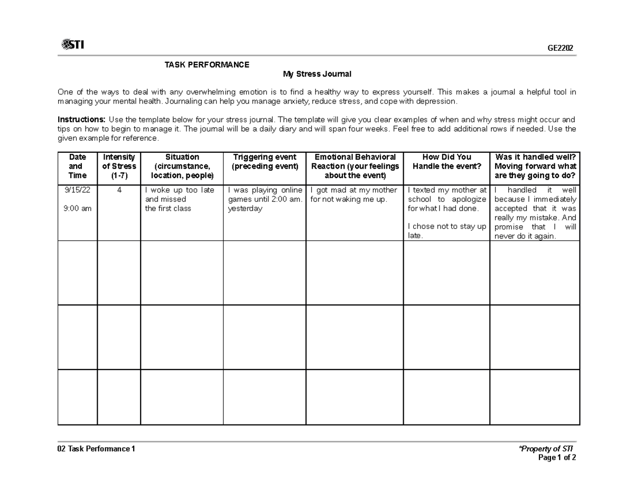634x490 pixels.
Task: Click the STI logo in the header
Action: point(72,45)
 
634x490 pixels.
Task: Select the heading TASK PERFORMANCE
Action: point(207,65)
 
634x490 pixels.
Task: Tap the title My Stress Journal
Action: point(317,74)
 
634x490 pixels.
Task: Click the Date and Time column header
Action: point(78,166)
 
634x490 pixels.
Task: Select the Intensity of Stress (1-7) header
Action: point(119,166)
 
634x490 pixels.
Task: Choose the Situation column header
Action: point(182,166)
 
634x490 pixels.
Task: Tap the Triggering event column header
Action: point(264,162)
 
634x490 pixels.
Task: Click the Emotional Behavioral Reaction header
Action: point(355,166)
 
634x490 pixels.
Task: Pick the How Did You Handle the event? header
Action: point(446,162)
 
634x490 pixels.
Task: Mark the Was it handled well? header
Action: point(535,166)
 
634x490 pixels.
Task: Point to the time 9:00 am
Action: point(78,209)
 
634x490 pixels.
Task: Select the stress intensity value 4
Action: point(119,190)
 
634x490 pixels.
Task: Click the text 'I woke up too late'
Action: point(180,190)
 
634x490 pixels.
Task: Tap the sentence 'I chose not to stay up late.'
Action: point(446,231)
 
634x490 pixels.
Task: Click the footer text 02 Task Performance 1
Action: point(96,449)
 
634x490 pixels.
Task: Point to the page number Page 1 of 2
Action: point(556,458)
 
